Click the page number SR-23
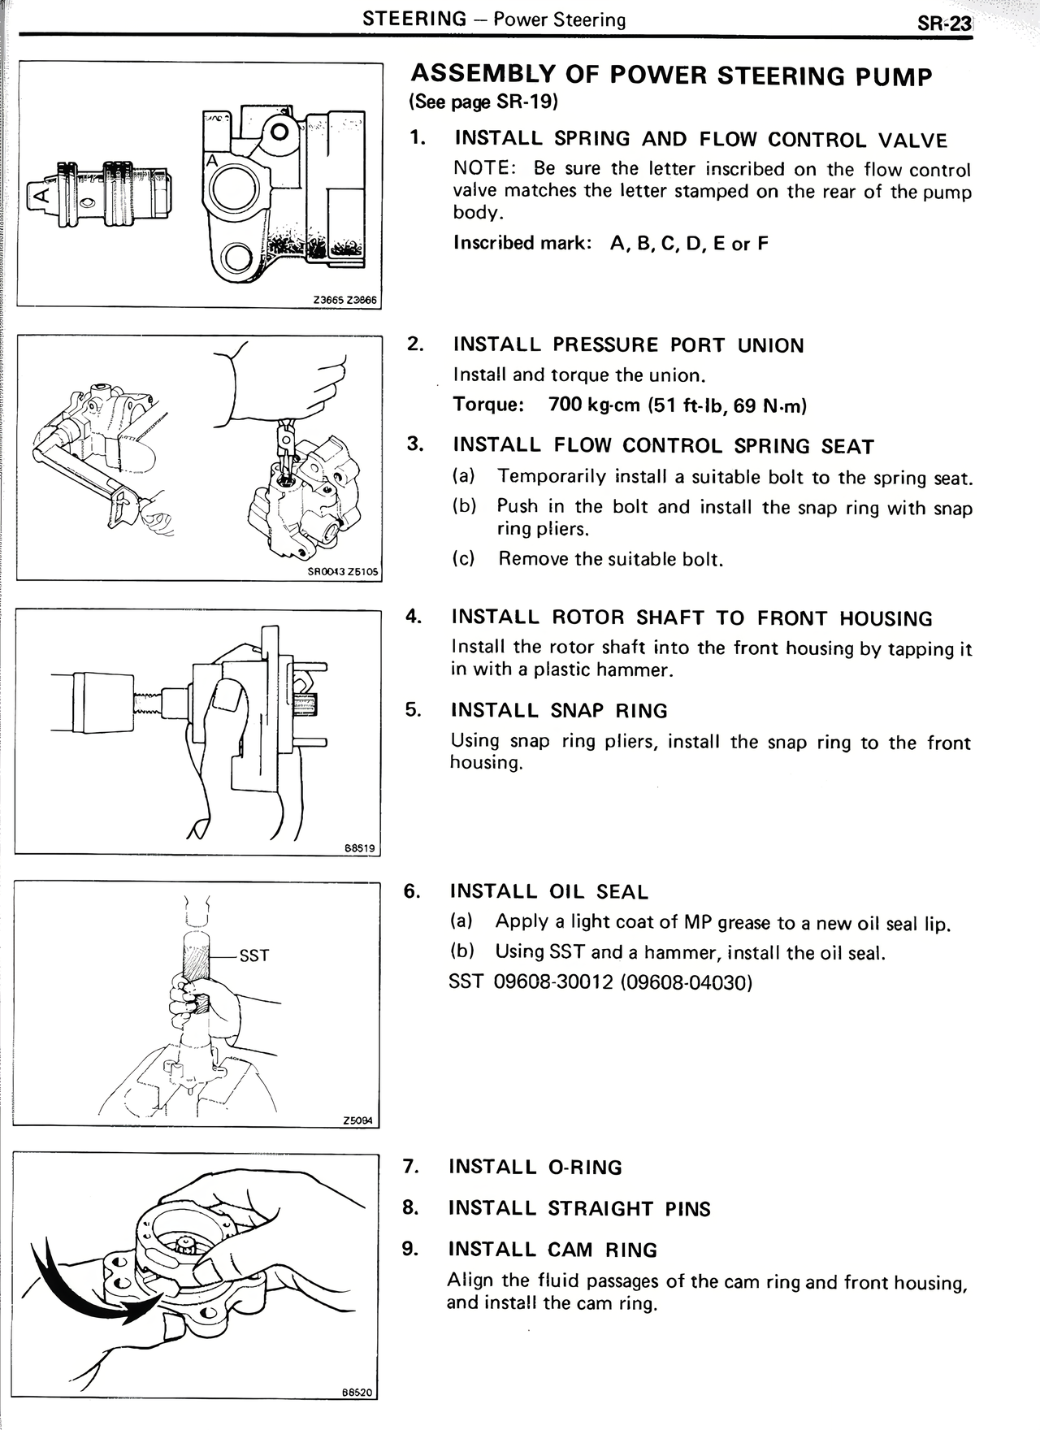944,24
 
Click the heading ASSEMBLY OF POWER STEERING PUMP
672,76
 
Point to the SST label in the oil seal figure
254,955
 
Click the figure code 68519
359,848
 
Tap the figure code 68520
357,1392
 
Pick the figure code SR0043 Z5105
343,572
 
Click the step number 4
413,616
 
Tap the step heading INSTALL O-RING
535,1168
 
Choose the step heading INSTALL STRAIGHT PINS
579,1209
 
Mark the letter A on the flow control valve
37,194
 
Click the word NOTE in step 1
481,169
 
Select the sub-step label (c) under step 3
464,559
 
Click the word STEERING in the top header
415,19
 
